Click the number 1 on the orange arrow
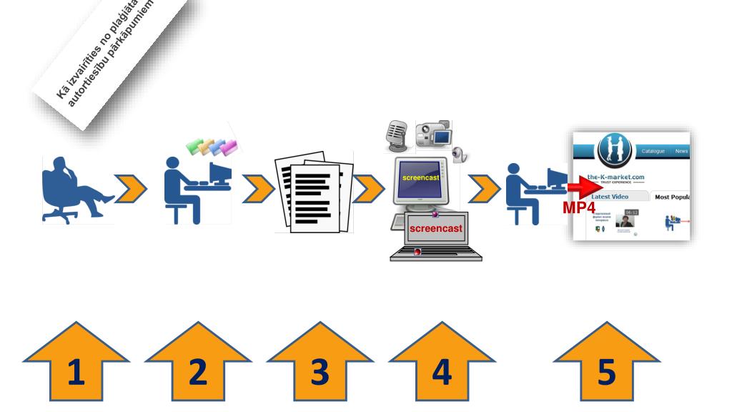76,373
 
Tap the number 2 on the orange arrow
197,373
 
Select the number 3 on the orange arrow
320,373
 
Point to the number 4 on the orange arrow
442,373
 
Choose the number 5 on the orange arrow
606,373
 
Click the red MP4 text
579,208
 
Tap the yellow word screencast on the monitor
420,177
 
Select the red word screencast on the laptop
436,228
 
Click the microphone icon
396,134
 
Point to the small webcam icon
462,154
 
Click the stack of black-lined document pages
314,191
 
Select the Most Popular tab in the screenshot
672,197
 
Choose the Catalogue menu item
653,151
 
